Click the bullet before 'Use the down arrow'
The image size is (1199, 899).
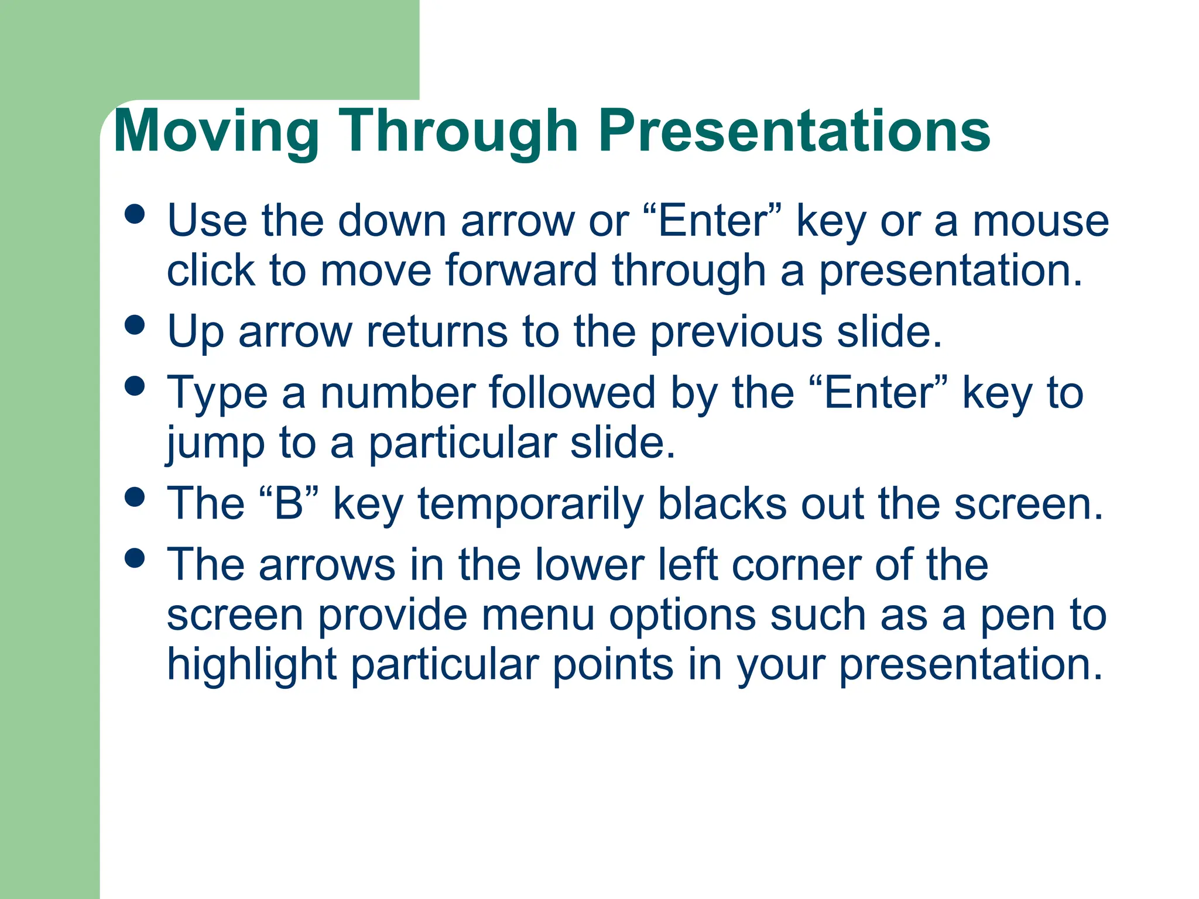[135, 214]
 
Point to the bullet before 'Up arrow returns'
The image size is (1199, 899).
[135, 325]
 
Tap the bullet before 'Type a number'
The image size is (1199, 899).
[135, 386]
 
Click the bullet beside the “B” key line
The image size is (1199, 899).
[135, 497]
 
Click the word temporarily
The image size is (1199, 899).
[530, 505]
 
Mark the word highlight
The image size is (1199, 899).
[252, 665]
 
